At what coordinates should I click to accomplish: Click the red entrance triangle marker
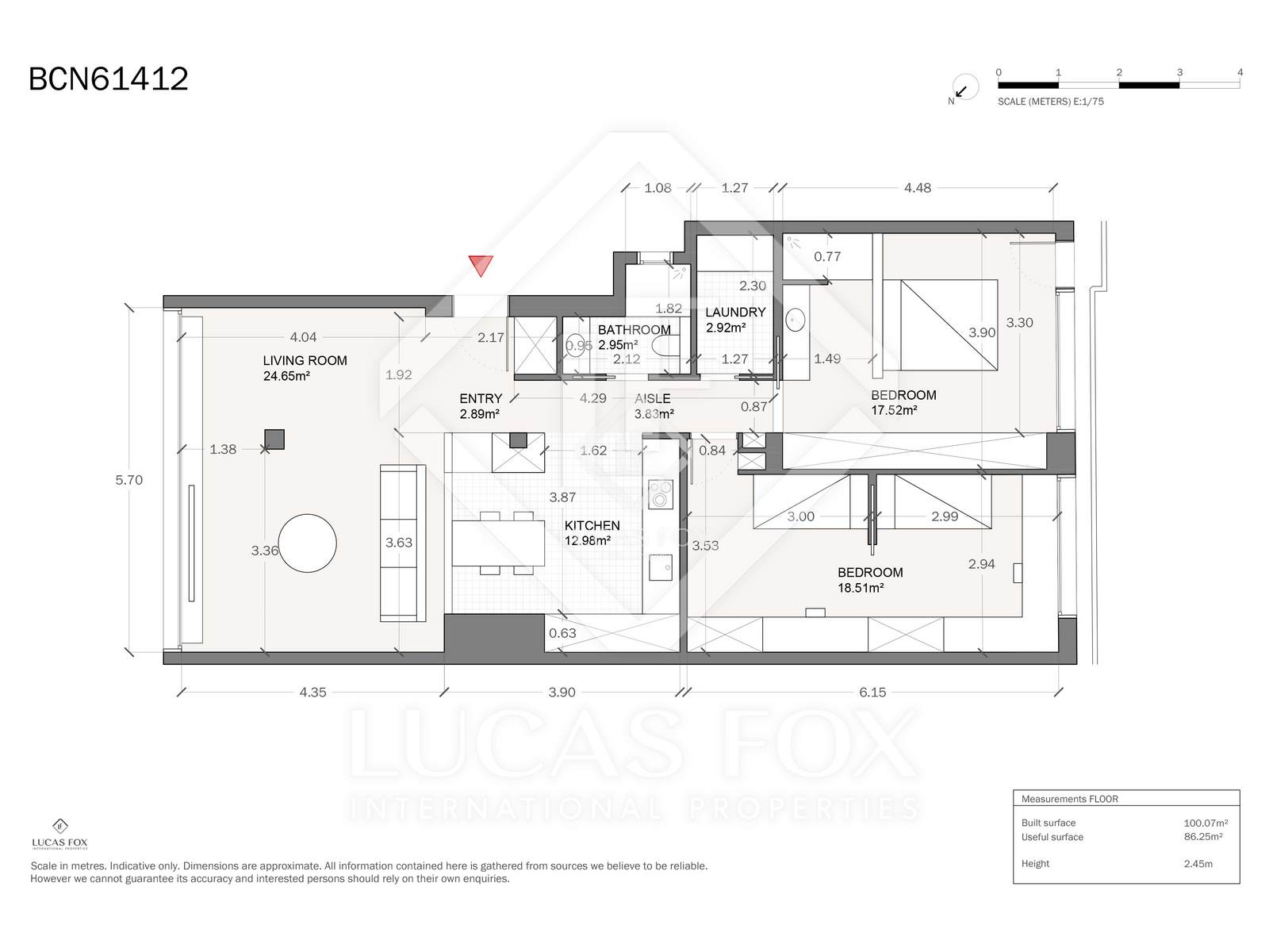coord(481,265)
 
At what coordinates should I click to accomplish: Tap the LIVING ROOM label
coord(305,361)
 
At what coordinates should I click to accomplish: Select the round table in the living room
coord(307,543)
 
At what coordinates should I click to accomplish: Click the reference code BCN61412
coord(109,79)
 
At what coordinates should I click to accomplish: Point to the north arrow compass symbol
coord(964,88)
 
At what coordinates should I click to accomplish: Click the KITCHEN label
coord(592,525)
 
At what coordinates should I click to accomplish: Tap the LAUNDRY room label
coord(735,312)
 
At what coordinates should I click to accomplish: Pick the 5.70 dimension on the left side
coord(129,480)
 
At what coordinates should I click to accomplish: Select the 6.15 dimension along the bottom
coord(872,693)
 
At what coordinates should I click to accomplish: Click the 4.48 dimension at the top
coord(918,188)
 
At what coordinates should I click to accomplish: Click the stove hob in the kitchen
coord(660,494)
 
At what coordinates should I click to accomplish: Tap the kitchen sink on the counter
coord(660,567)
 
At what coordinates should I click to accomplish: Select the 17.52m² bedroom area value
coord(895,410)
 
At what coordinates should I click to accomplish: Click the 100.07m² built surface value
coord(1206,823)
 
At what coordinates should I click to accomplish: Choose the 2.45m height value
coord(1198,864)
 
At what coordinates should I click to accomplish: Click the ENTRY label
coord(481,398)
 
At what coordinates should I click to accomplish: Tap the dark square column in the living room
coord(274,440)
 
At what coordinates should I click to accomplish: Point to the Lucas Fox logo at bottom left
coord(60,834)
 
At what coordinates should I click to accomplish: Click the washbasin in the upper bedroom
coord(796,320)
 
